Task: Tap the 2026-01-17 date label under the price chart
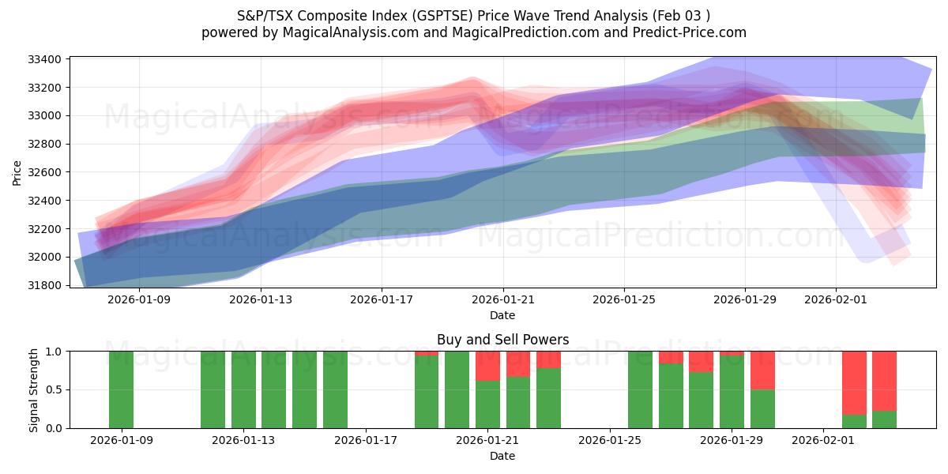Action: click(382, 300)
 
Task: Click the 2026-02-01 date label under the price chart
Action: click(836, 300)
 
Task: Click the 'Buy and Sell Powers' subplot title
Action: click(502, 340)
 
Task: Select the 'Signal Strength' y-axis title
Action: click(34, 389)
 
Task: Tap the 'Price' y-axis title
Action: click(17, 171)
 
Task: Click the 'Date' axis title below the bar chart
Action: click(502, 456)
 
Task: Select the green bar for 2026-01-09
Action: click(121, 389)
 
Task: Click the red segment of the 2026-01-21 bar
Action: click(488, 366)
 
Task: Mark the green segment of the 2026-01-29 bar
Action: click(762, 409)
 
